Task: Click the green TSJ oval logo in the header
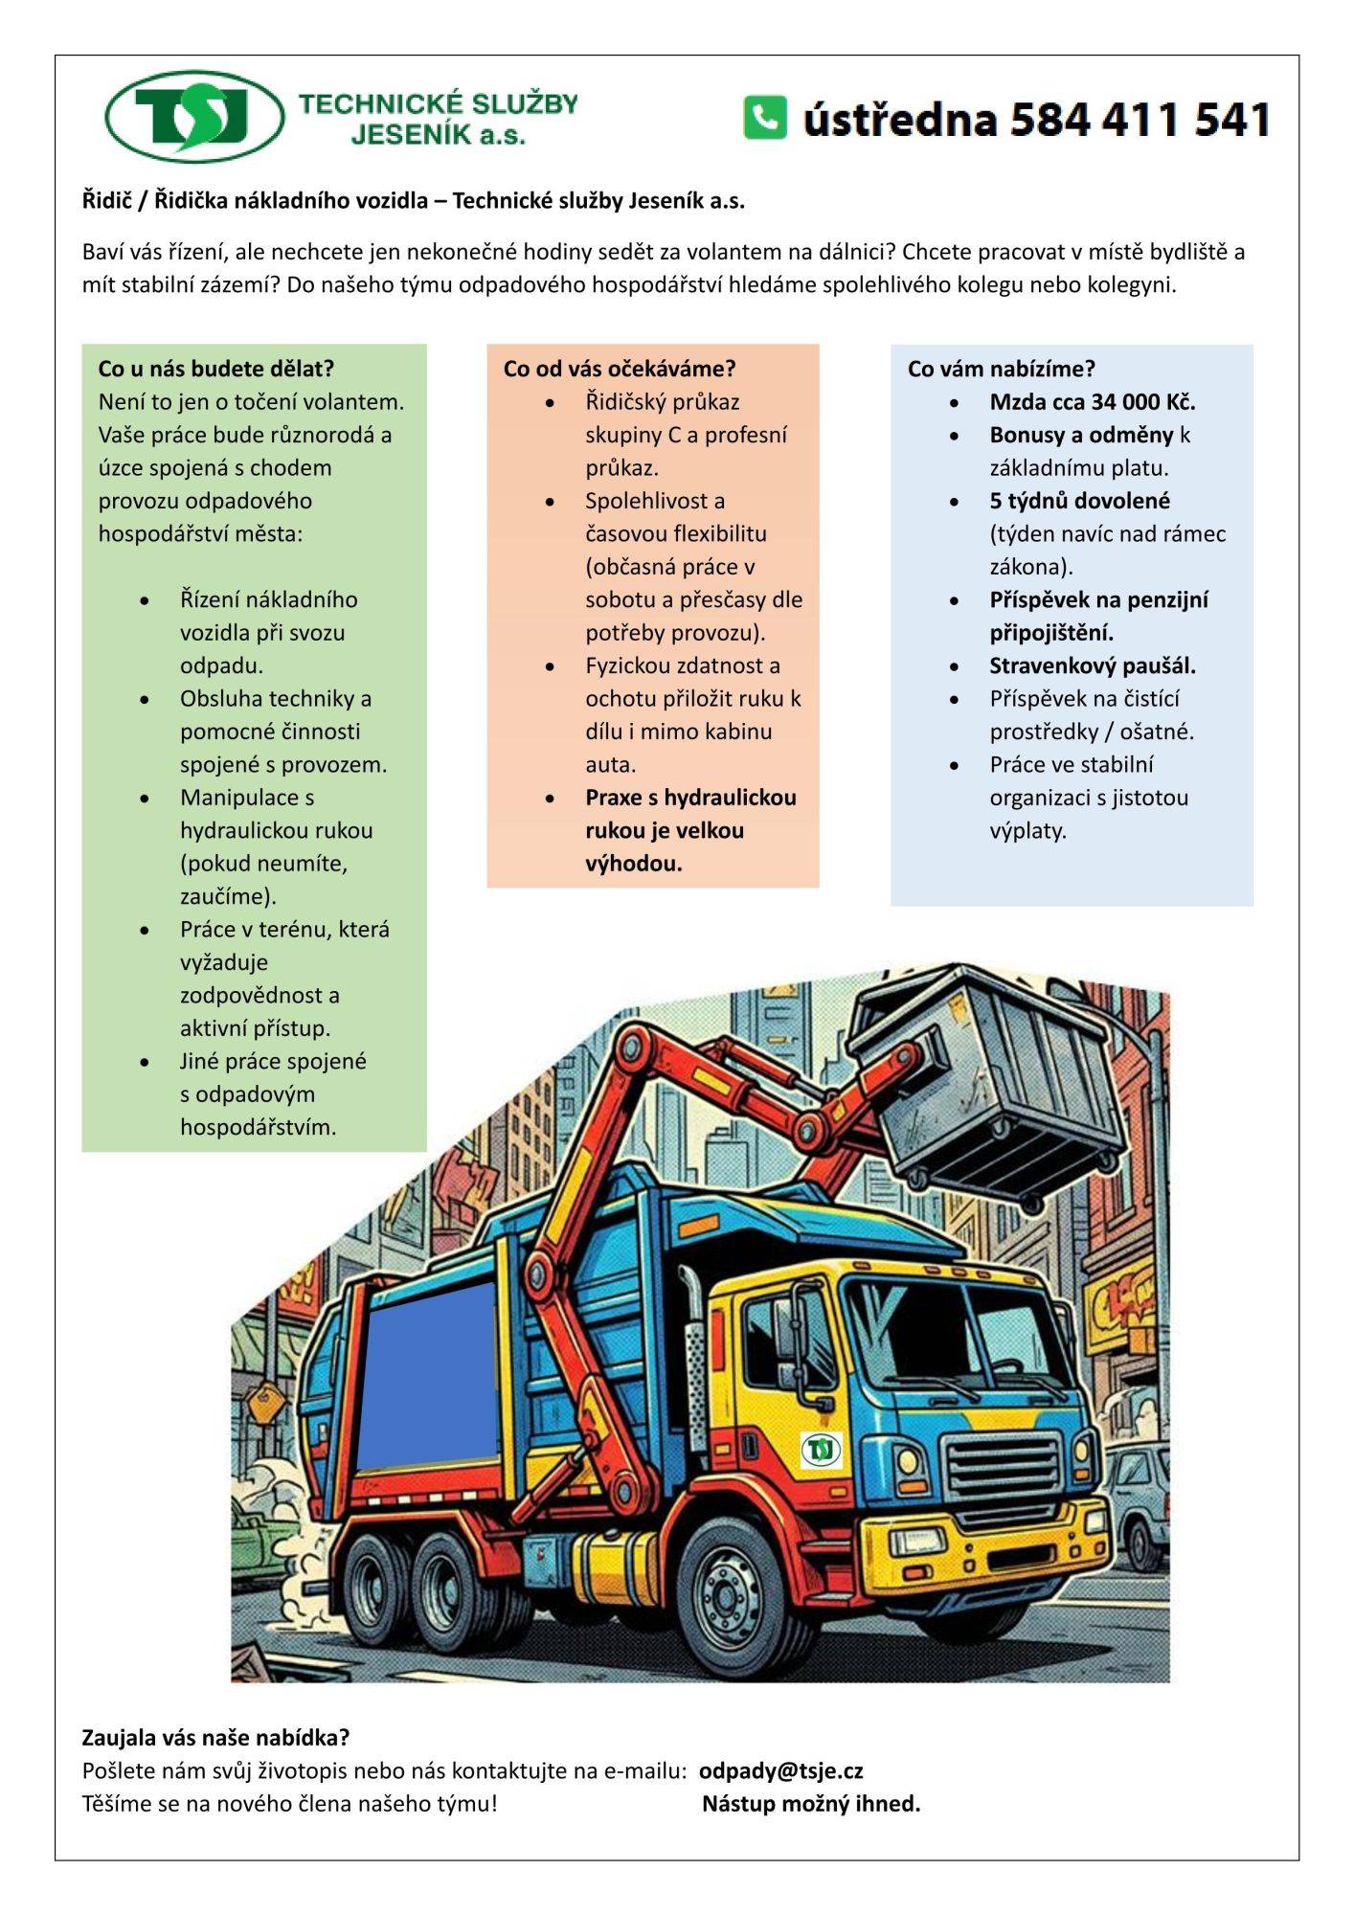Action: pyautogui.click(x=194, y=117)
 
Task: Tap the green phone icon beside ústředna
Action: pyautogui.click(x=764, y=118)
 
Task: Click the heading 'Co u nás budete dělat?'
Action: pyautogui.click(x=215, y=369)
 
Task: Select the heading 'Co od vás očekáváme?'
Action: pyautogui.click(x=620, y=369)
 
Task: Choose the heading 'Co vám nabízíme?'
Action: pyautogui.click(x=1001, y=369)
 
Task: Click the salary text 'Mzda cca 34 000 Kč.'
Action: pyautogui.click(x=1093, y=402)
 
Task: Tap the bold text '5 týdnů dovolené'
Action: pyautogui.click(x=1079, y=501)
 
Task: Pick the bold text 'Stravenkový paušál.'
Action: pyautogui.click(x=1093, y=665)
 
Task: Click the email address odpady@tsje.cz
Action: pyautogui.click(x=781, y=1770)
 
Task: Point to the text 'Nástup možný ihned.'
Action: pyautogui.click(x=811, y=1804)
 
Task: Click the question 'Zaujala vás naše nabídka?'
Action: pyautogui.click(x=215, y=1737)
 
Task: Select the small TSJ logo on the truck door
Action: pyautogui.click(x=821, y=1450)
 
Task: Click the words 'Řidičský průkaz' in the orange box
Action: pyautogui.click(x=662, y=402)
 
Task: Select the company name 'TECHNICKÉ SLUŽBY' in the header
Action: pyautogui.click(x=439, y=103)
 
